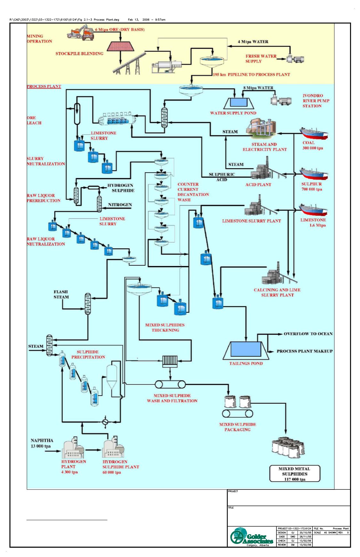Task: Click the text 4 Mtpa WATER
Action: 253,42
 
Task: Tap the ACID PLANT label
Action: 258,185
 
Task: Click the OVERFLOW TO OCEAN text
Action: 308,334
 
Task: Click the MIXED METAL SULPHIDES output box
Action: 294,474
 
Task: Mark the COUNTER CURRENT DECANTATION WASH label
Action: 193,192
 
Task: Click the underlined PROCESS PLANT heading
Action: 44,87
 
